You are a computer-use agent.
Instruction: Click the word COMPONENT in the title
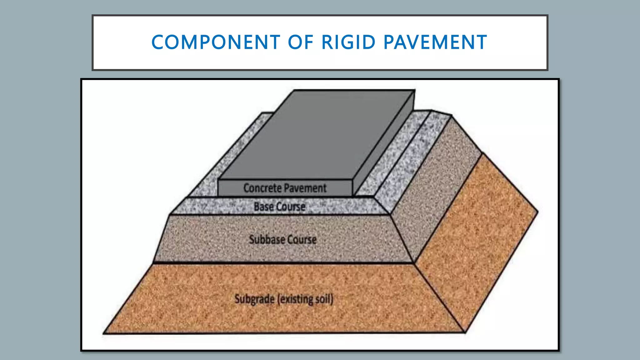216,42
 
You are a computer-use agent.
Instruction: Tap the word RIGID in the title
348,42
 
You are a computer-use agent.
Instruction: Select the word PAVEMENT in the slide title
435,42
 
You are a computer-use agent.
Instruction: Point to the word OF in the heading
301,42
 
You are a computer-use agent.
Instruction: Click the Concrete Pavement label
285,188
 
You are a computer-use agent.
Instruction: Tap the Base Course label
279,207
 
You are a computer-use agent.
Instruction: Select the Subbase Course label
282,240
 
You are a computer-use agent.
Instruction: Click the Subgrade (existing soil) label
284,299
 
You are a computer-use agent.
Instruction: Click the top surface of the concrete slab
316,134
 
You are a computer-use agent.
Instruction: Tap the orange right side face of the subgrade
475,237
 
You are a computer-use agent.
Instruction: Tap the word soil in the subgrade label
322,299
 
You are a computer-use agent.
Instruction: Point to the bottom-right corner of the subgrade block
465,332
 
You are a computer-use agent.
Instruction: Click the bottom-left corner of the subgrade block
104,333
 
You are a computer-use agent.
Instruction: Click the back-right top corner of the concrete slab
415,90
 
